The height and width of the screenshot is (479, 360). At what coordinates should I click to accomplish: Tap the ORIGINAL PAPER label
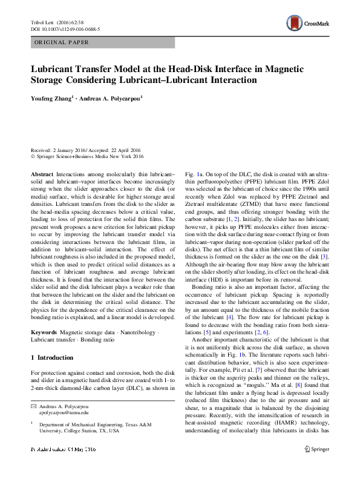click(x=61, y=42)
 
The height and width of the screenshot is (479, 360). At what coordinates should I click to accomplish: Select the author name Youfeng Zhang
click(x=52, y=96)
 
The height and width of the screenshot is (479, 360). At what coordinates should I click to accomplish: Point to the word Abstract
click(x=42, y=173)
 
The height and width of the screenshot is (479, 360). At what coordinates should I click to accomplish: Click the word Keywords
click(x=44, y=332)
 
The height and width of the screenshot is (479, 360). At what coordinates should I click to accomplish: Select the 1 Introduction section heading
click(x=56, y=358)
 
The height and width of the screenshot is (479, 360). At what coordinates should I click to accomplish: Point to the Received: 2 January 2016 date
click(x=60, y=150)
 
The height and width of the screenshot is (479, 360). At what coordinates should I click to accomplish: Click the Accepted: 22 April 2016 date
click(x=118, y=150)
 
